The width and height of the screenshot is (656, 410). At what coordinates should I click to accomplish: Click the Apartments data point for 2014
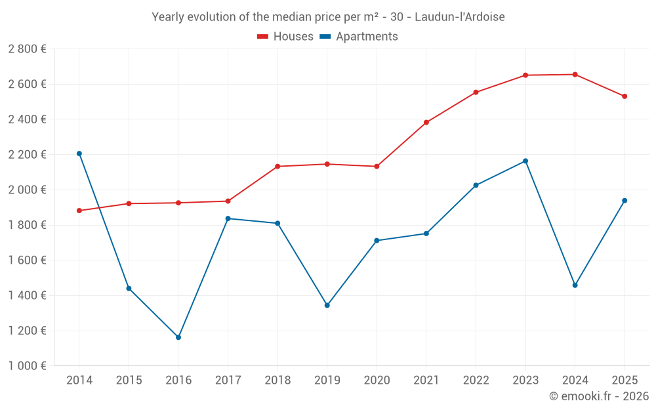79,154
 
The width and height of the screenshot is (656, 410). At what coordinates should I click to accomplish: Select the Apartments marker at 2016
178,337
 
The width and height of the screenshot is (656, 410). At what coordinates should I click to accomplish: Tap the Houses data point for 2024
575,74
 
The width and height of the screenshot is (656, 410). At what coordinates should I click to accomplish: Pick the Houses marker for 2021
426,123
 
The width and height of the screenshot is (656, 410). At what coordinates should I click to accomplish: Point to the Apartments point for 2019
327,305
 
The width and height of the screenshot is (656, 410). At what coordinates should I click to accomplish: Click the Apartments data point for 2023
525,161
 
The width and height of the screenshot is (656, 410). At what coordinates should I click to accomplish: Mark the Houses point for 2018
277,167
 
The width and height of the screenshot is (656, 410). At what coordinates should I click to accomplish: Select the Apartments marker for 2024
575,285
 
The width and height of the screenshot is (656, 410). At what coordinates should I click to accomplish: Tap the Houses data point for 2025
625,96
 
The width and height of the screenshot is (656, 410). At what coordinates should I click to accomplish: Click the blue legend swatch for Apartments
325,37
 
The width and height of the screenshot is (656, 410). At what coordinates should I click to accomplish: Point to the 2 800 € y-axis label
27,49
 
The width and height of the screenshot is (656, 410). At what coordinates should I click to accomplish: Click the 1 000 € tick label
27,366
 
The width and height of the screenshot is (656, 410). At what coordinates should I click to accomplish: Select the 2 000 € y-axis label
27,190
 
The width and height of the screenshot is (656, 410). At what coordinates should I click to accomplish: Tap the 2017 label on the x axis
228,380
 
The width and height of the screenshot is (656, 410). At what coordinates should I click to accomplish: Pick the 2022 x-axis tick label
476,380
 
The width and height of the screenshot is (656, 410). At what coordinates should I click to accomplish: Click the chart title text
328,17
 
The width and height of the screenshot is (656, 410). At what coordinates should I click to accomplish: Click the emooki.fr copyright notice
598,396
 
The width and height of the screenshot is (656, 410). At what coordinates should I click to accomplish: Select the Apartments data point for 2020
377,241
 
